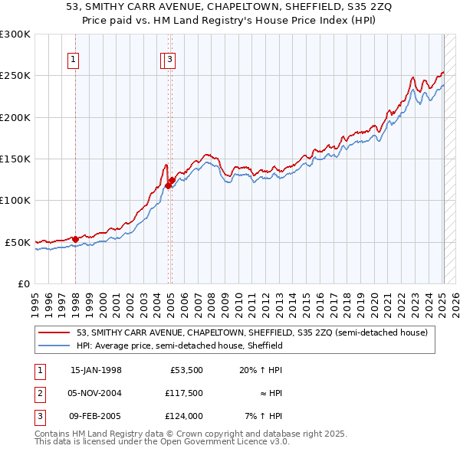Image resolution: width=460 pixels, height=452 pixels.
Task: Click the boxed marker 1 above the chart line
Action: [x=74, y=60]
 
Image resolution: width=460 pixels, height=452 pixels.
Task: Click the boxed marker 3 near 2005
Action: [x=169, y=60]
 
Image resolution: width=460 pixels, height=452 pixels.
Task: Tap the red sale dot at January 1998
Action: [x=75, y=239]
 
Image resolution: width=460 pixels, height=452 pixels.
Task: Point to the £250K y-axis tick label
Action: [x=15, y=76]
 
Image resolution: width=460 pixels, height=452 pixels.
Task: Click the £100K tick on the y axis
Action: [x=15, y=200]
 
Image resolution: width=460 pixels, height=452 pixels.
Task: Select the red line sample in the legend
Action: [x=54, y=332]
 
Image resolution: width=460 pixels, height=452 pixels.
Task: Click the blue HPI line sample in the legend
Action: [x=54, y=346]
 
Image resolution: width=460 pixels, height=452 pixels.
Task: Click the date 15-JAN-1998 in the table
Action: [x=96, y=370]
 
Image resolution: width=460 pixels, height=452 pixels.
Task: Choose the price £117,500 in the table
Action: [x=183, y=393]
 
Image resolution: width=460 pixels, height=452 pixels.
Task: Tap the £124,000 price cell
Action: [x=183, y=416]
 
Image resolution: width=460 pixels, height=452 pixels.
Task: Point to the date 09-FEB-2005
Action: [x=96, y=416]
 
